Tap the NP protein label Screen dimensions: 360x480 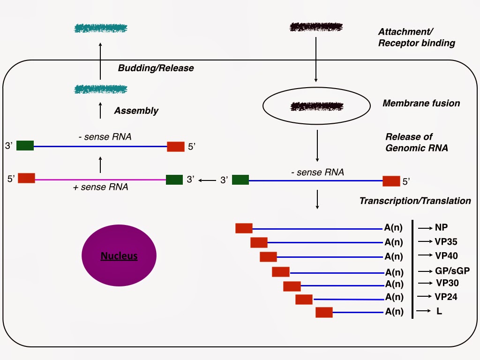coord(441,228)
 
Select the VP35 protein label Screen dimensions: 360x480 coord(446,242)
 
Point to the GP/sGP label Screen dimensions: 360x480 coord(452,271)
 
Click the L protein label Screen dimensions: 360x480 coord(439,311)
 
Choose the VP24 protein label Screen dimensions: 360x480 coord(446,296)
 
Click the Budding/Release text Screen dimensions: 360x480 coord(156,68)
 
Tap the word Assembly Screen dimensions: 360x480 coord(136,111)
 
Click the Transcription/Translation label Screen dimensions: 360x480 coord(415,201)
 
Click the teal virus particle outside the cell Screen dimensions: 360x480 coord(100,29)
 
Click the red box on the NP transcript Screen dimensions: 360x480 coord(244,228)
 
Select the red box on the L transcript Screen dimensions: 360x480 coord(324,312)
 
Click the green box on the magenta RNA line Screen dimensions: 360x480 coord(174,180)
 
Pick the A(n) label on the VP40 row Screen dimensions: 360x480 coord(394,256)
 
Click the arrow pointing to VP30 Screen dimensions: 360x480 coord(424,283)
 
